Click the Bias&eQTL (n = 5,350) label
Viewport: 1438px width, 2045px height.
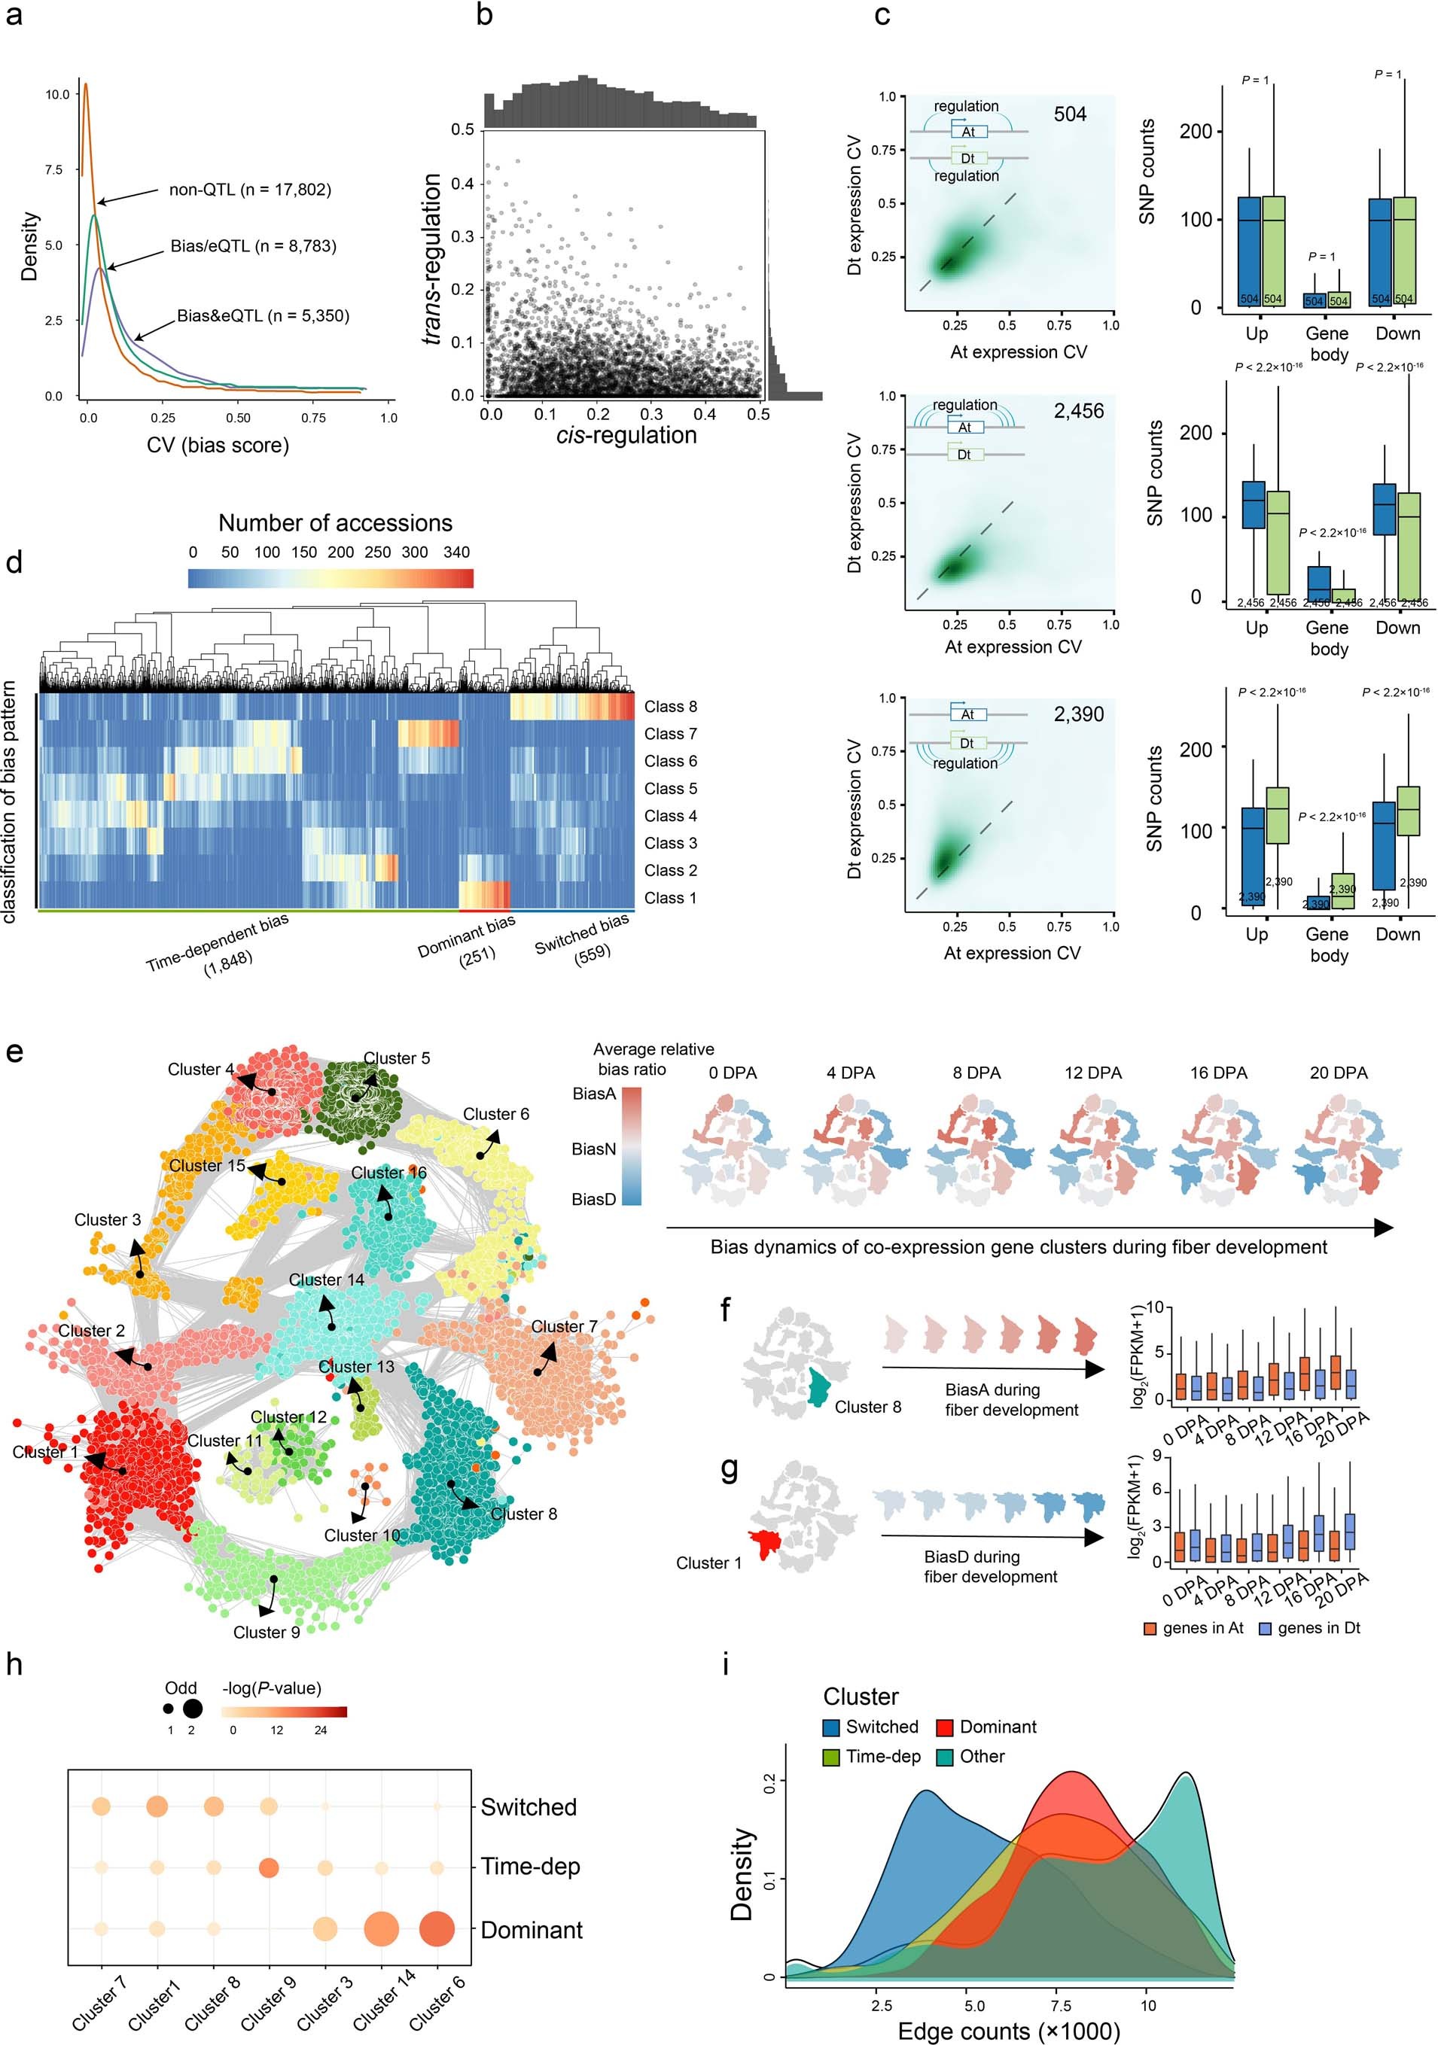[x=263, y=316]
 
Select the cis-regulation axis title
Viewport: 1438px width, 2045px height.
[x=626, y=436]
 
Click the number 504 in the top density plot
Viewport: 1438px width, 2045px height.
[x=1069, y=114]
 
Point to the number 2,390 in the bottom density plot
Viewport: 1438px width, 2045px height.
[x=1078, y=714]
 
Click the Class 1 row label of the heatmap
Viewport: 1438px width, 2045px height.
[x=670, y=899]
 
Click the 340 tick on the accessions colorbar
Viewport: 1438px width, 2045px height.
[x=456, y=552]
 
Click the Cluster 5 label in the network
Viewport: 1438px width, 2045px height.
[x=397, y=1059]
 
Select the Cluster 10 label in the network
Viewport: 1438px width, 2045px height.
[x=361, y=1535]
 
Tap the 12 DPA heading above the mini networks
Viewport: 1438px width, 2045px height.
[x=1092, y=1073]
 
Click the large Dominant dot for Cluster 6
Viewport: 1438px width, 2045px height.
[x=437, y=1929]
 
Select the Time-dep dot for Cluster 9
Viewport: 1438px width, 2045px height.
[x=268, y=1867]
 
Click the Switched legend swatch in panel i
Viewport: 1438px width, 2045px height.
[x=831, y=1727]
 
